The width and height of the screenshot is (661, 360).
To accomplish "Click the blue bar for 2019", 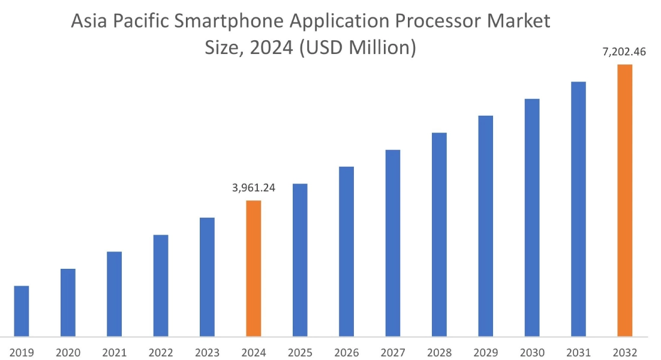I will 22,311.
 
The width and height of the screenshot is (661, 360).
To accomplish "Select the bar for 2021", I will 114,294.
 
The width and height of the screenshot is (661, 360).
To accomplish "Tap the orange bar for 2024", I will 254,268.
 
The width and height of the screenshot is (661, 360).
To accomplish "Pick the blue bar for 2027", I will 393,243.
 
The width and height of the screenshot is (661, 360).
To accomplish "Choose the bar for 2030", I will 532,217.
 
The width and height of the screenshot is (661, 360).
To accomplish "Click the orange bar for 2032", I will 625,200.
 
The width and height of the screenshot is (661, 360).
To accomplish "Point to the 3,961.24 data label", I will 254,188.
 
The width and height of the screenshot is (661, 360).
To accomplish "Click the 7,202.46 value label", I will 624,52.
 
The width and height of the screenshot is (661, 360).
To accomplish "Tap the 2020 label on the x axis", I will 68,352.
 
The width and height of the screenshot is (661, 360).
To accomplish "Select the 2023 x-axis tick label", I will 207,352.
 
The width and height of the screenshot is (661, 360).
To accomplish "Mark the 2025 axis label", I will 300,352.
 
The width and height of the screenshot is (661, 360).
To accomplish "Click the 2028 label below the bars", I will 439,352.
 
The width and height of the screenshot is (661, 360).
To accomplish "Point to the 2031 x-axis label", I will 578,352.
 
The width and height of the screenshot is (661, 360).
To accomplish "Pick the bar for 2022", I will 161,286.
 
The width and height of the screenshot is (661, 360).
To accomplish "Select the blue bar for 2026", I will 346,251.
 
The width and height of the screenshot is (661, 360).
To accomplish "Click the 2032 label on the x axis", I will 625,352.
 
